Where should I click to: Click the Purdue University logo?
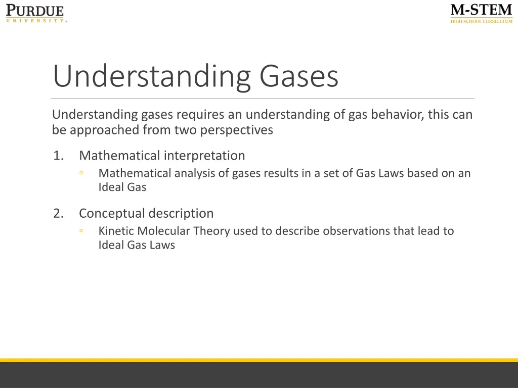pos(35,13)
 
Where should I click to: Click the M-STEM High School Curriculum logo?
pos(481,13)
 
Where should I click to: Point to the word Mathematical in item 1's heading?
pos(119,156)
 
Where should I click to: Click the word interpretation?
pos(204,156)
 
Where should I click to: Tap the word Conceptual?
pos(112,214)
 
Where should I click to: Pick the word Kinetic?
pos(116,231)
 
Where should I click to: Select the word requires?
pos(196,115)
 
